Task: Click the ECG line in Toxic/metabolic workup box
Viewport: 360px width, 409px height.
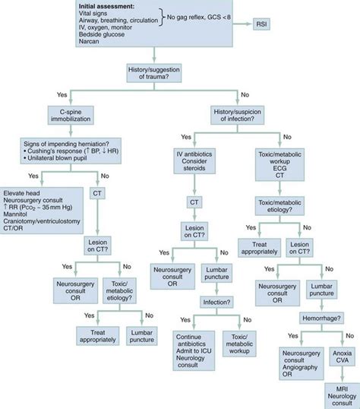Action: [279, 161]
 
